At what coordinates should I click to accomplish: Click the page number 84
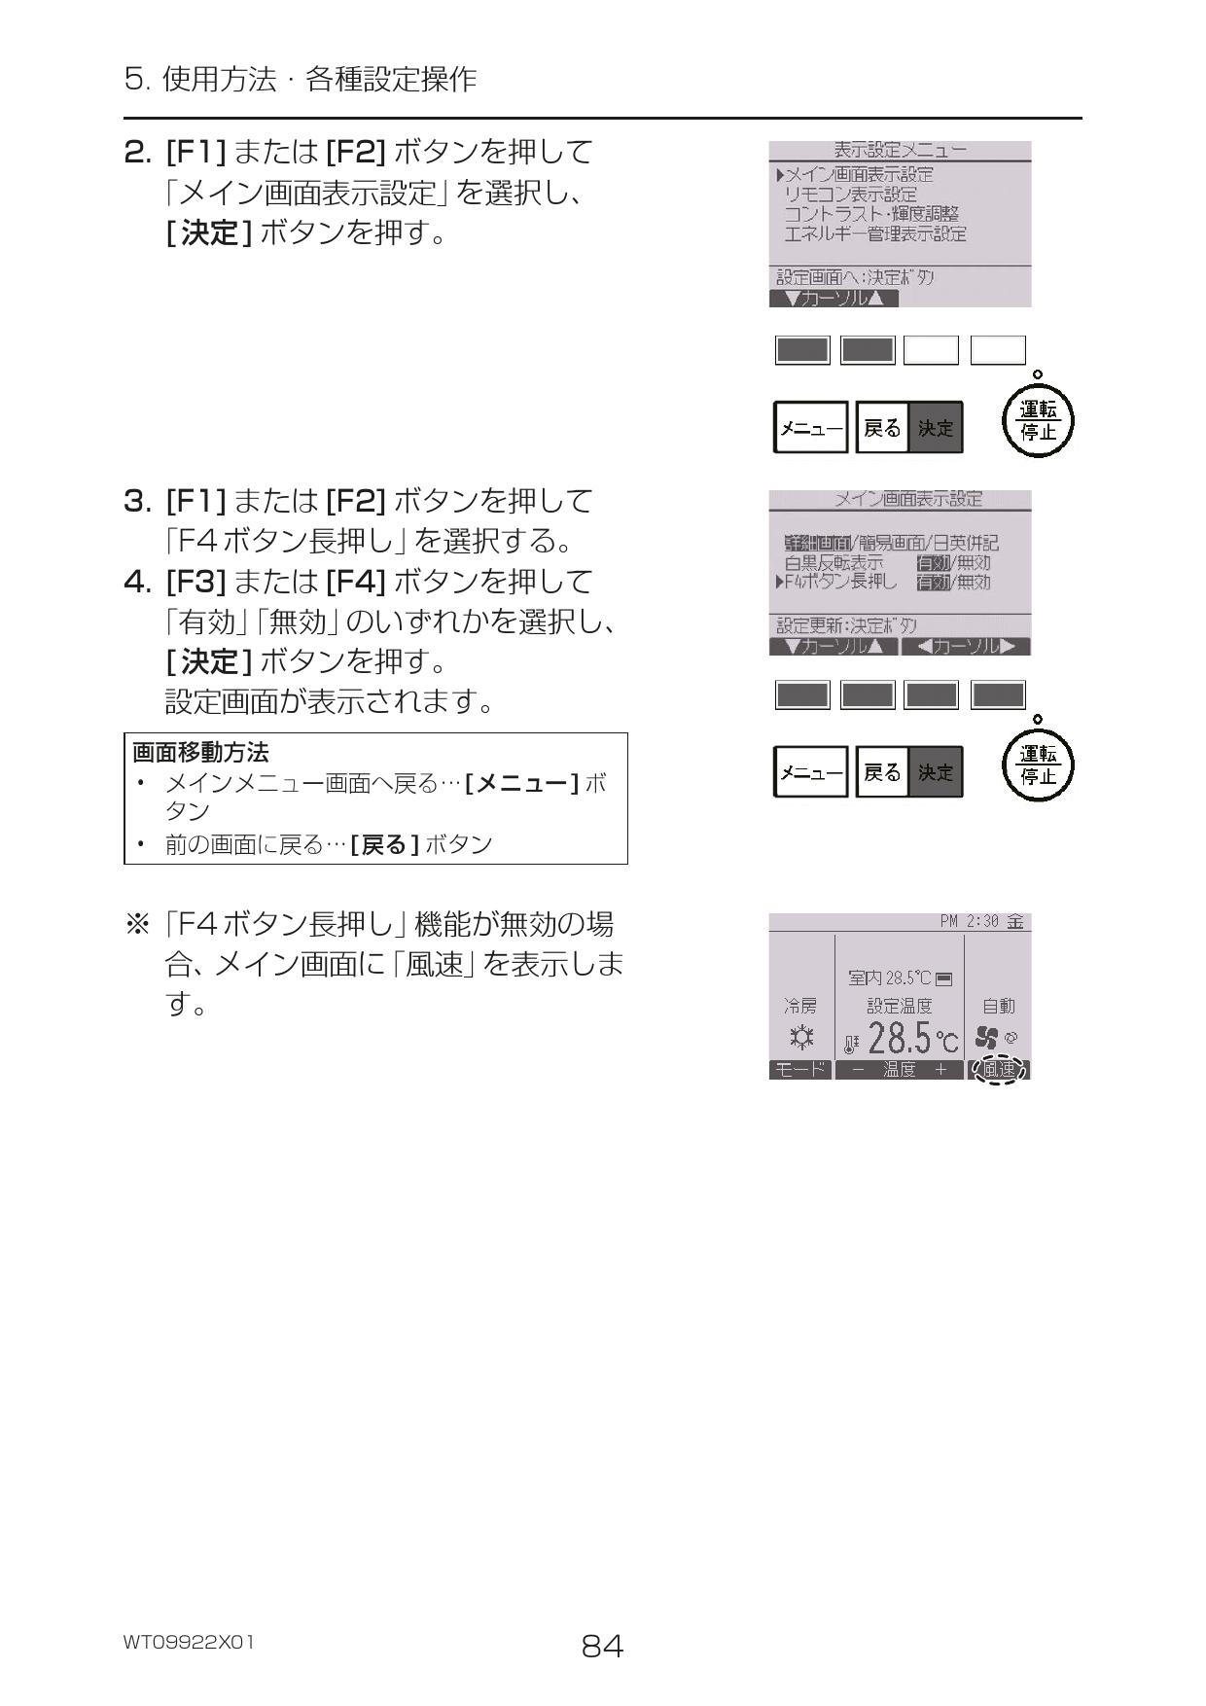602,1646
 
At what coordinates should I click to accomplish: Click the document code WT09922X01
189,1642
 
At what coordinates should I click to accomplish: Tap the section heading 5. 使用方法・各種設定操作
301,79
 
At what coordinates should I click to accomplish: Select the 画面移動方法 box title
200,752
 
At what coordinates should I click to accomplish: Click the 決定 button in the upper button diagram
936,428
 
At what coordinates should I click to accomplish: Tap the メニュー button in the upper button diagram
810,428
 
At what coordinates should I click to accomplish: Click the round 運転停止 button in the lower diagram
1038,765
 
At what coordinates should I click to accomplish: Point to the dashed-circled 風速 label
999,1069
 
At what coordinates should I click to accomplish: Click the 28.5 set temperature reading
899,1039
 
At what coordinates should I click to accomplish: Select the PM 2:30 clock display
970,921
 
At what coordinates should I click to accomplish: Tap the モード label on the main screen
800,1070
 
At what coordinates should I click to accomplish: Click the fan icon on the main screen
986,1038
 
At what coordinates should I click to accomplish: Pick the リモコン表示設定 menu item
850,195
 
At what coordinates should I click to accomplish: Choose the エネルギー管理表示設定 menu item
874,234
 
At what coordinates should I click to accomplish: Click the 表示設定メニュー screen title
900,150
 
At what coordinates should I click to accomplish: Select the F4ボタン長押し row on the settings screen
840,582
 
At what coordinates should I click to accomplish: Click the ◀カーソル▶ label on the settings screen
966,647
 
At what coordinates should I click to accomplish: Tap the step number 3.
137,502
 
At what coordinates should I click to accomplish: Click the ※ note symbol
137,924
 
